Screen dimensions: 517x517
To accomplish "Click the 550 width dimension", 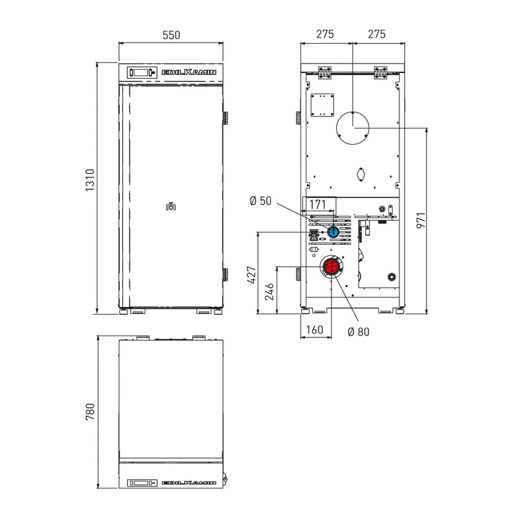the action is point(171,35).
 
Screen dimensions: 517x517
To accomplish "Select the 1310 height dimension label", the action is point(90,180).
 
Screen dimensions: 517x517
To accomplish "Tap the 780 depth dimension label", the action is point(90,411).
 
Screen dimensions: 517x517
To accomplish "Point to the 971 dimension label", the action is point(421,220).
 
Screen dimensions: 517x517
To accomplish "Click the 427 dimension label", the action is point(252,275).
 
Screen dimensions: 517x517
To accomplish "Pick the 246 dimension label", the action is point(269,291).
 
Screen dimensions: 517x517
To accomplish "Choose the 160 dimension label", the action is point(314,330).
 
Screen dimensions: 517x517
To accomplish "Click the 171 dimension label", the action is point(317,204).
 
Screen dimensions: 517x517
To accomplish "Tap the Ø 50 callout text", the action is point(260,201).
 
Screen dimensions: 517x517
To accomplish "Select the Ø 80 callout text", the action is point(359,332).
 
